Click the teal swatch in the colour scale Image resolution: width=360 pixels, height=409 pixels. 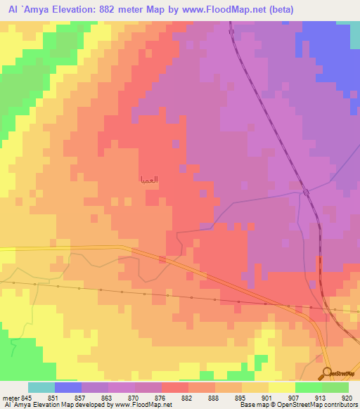[x=41, y=387]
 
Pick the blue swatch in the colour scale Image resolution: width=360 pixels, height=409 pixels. [x=68, y=387]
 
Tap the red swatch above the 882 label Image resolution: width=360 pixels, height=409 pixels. [x=174, y=387]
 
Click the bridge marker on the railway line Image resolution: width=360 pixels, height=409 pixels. [x=306, y=193]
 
